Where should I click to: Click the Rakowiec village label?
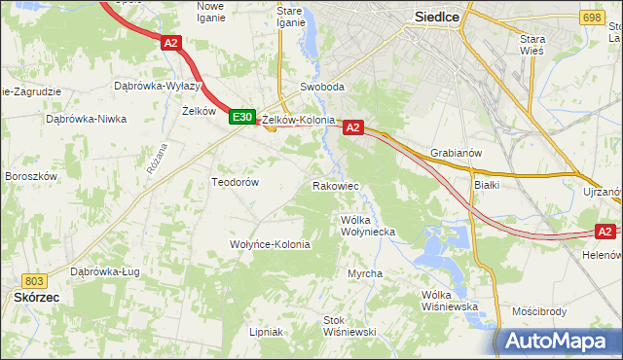click(x=337, y=185)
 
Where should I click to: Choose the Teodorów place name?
click(x=235, y=182)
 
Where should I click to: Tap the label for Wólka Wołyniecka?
click(x=367, y=226)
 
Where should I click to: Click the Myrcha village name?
click(x=365, y=273)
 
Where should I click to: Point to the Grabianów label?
click(x=457, y=153)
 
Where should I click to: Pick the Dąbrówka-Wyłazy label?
click(x=157, y=86)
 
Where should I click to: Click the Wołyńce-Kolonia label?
click(x=270, y=244)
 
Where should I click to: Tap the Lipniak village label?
click(x=266, y=332)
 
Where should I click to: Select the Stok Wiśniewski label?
click(x=349, y=326)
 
